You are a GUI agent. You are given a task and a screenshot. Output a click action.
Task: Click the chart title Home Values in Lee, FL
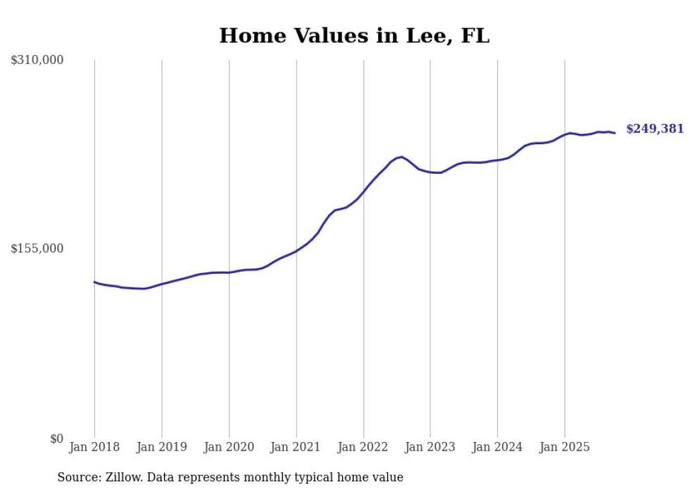pos(353,36)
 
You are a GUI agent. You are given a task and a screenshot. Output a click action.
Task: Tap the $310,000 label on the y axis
pos(37,61)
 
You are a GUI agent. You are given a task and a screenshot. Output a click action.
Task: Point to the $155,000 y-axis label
pos(37,248)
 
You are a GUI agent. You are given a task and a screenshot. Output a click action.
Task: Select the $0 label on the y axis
pos(56,439)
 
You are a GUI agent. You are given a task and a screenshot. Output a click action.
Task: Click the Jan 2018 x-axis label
pos(94,447)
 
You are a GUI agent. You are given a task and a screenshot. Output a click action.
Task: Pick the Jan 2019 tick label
pos(162,447)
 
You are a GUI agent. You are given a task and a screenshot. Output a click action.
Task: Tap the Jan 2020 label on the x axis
pos(229,447)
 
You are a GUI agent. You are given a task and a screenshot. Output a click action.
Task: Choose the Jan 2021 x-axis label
pos(296,447)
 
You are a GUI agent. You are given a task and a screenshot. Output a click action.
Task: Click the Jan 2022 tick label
pos(363,447)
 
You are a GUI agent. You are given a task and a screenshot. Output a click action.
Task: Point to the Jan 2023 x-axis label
pos(430,447)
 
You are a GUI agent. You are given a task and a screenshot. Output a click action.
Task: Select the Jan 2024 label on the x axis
pos(497,447)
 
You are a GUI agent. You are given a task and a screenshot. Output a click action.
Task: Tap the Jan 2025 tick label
pos(565,447)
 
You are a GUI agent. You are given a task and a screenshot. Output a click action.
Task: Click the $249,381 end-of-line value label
pos(655,129)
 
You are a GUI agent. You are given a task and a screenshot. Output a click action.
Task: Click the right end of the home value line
pos(615,133)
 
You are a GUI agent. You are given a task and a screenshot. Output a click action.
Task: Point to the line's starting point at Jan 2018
pos(94,282)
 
